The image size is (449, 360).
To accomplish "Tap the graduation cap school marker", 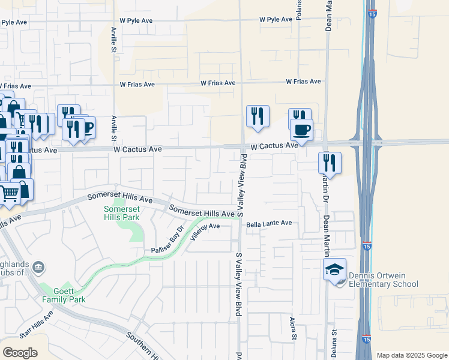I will click(x=334, y=270).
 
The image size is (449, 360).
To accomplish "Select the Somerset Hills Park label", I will click(x=121, y=213).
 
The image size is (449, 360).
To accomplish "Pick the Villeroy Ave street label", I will click(x=205, y=227).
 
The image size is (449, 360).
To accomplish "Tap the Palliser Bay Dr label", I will click(x=166, y=245).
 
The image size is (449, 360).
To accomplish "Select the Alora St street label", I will click(x=294, y=328).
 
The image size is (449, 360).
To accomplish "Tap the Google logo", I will click(x=20, y=352).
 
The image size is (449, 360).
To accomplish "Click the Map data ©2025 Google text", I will click(x=412, y=355).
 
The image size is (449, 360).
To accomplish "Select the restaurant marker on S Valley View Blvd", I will click(x=258, y=116).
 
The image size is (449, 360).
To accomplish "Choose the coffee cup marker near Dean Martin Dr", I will click(x=301, y=130).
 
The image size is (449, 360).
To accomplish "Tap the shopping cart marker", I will click(x=8, y=193).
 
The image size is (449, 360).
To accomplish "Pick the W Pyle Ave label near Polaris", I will click(x=276, y=19).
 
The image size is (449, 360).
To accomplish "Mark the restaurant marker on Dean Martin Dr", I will click(x=330, y=162).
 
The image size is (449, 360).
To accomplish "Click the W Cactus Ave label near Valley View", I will click(x=274, y=146).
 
